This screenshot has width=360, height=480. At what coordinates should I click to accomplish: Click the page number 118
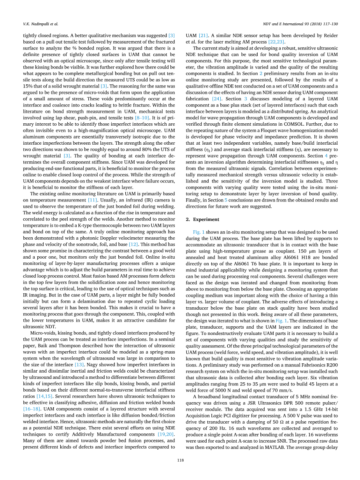tap(180, 460)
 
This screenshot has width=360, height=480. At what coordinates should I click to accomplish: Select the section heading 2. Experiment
tap(202, 219)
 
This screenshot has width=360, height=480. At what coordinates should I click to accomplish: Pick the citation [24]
tap(217, 99)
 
